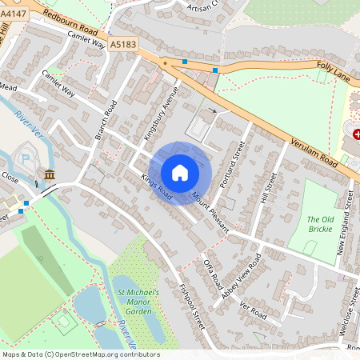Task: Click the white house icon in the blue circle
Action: [180, 173]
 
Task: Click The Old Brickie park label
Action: [324, 225]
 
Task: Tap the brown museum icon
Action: [50, 174]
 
